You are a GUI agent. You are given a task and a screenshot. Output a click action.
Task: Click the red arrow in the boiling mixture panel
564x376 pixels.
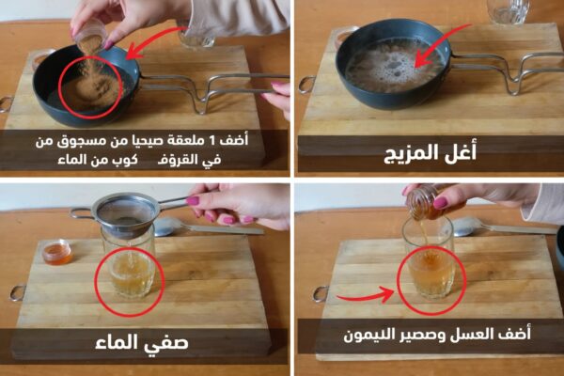442,44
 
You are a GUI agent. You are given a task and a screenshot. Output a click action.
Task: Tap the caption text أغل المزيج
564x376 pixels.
431,153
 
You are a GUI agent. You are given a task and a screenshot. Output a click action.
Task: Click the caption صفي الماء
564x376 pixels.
142,342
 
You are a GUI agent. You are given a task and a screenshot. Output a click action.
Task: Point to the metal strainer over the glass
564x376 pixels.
127,213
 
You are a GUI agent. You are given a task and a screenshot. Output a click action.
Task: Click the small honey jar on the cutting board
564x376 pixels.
57,253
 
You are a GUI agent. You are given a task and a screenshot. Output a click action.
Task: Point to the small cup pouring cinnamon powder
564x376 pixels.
91,34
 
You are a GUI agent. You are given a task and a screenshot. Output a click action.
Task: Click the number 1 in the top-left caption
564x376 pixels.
212,141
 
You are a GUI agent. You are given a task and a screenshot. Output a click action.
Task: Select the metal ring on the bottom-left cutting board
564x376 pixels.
17,292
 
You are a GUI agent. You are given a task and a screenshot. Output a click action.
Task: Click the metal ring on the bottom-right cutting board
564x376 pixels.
321,294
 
